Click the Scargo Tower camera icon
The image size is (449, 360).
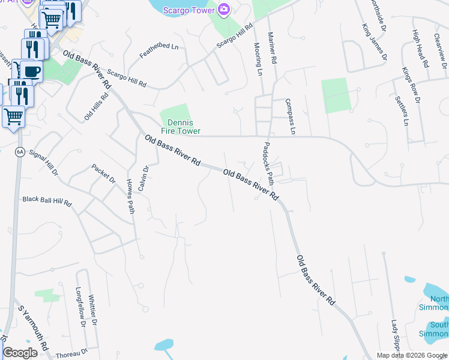(224, 8)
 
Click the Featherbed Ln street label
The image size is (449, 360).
(159, 46)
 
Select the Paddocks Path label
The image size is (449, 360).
(270, 163)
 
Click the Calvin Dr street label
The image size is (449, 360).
(142, 178)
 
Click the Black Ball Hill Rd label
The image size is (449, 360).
(47, 201)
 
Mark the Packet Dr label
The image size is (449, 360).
(103, 173)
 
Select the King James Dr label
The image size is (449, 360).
(374, 38)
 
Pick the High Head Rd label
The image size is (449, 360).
(420, 49)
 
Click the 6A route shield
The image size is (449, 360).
(20, 152)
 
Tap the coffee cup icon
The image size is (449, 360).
(32, 71)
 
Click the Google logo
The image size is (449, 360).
(20, 353)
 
